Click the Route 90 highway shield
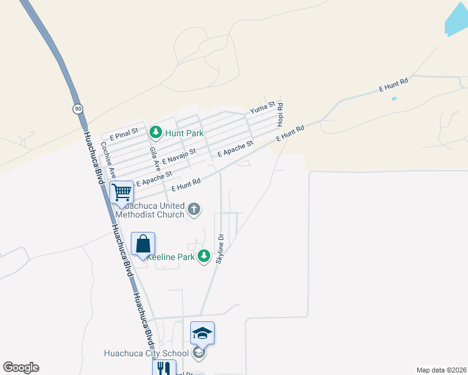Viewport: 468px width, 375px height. [77, 109]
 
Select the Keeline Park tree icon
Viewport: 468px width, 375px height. [204, 256]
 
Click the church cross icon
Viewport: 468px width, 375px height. [194, 209]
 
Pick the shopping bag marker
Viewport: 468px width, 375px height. [143, 244]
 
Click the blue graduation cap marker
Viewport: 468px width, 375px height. [202, 333]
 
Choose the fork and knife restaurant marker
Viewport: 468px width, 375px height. [164, 368]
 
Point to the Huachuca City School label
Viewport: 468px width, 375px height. [146, 353]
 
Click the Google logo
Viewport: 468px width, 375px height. [21, 367]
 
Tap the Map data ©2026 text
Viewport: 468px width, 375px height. [442, 370]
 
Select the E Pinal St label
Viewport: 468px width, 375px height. [123, 134]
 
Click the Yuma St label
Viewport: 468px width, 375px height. [263, 109]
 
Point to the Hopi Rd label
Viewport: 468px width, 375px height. [280, 112]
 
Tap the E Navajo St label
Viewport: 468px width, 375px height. [180, 157]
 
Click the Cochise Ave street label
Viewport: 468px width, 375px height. [108, 160]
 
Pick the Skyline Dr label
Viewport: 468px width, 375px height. [220, 249]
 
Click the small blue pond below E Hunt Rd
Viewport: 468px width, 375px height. [394, 99]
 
